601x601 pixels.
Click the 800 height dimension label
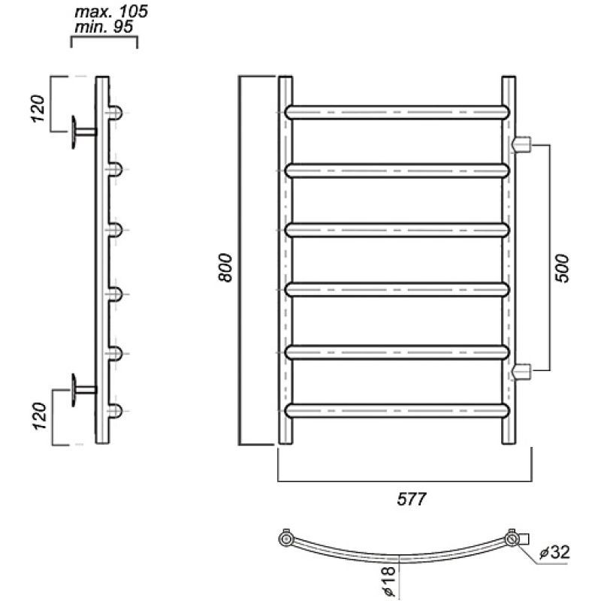(225, 267)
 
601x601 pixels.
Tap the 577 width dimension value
(411, 499)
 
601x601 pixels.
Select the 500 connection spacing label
(562, 268)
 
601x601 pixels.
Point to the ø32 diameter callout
(554, 552)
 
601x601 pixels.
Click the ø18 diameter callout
(388, 580)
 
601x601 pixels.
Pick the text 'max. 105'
(111, 11)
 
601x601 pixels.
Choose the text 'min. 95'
(104, 27)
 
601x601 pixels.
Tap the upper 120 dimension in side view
(38, 108)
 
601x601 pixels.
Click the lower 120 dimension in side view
(40, 415)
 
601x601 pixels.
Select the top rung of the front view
(397, 112)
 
